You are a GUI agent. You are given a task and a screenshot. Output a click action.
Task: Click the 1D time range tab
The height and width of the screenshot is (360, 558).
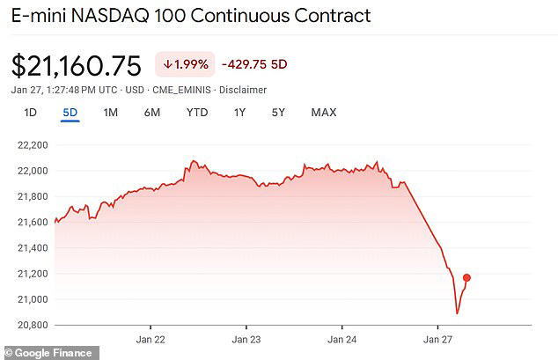point(30,113)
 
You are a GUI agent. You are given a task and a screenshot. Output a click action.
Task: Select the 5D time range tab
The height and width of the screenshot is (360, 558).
point(70,113)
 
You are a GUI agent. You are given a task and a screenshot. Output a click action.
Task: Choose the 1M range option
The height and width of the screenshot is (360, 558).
point(110,113)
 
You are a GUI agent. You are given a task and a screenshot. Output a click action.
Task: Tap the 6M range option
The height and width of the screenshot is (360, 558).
point(151,113)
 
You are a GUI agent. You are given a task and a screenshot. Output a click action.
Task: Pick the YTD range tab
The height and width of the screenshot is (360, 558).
point(196,113)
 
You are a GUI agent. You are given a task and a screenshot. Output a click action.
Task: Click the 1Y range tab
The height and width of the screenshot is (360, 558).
point(239,113)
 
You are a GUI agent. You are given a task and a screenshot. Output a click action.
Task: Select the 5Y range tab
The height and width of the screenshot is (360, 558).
point(278,113)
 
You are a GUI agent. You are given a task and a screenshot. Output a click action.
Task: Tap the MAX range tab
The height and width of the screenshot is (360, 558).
point(324,113)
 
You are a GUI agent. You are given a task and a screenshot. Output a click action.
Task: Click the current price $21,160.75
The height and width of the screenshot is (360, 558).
point(77,66)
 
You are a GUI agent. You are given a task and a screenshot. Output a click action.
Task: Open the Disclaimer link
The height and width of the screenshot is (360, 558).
point(243,90)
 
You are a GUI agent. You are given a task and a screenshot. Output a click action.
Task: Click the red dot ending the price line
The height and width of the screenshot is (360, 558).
point(466,278)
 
